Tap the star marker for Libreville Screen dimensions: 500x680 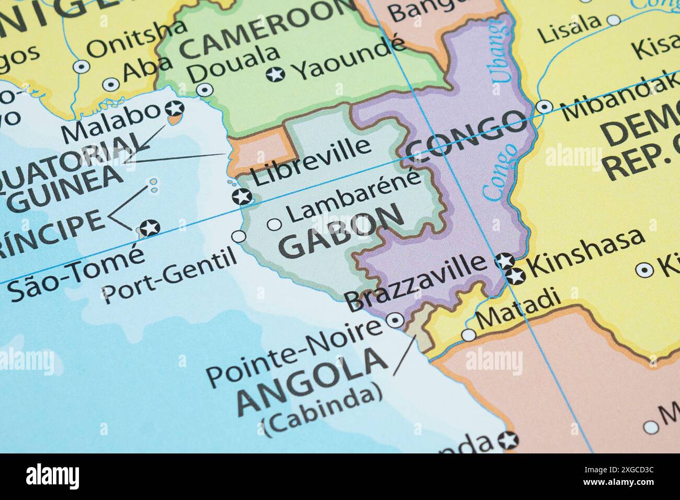tap(242, 197)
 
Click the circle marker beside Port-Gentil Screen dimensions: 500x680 tap(239, 236)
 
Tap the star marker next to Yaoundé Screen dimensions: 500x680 tap(274, 74)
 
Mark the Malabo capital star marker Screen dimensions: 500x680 tap(174, 108)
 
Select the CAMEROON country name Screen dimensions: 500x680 tap(262, 32)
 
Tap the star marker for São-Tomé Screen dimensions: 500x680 tap(150, 228)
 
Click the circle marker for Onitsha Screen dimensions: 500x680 tap(81, 66)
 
